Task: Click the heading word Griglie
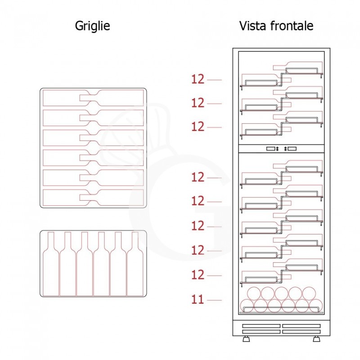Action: [93, 26]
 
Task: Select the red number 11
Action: [198, 299]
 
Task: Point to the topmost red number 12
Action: [198, 79]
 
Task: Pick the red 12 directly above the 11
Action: [198, 275]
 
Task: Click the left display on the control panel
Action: [271, 149]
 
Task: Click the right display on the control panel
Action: [292, 149]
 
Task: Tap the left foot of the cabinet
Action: [246, 339]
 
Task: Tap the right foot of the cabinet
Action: [317, 339]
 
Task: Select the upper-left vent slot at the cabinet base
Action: [261, 326]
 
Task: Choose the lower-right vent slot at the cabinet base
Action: [301, 332]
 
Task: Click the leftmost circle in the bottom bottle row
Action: [247, 306]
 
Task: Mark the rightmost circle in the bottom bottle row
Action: [316, 306]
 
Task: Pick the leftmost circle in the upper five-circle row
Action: [254, 294]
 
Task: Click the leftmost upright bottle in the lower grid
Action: [51, 264]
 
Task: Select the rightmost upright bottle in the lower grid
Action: [135, 264]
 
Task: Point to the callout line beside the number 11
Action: [215, 300]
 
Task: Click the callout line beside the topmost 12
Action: [215, 80]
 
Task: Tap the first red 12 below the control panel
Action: [198, 177]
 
